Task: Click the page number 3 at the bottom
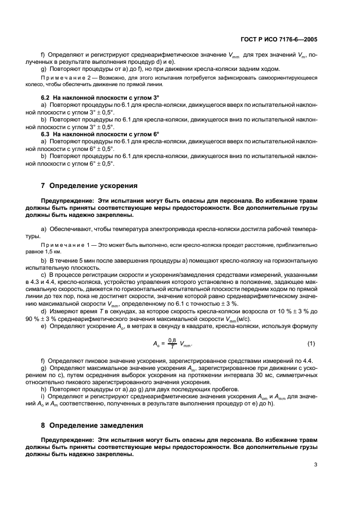316,465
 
